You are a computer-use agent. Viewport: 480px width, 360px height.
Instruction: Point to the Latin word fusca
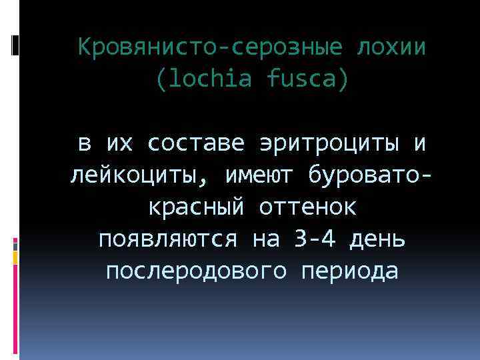(307, 80)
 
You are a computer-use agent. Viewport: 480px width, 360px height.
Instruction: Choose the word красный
(193, 207)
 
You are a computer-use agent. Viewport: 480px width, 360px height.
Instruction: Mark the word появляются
(169, 239)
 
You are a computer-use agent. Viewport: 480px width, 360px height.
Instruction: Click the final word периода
(353, 271)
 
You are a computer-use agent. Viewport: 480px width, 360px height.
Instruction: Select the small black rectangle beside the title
(15, 45)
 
